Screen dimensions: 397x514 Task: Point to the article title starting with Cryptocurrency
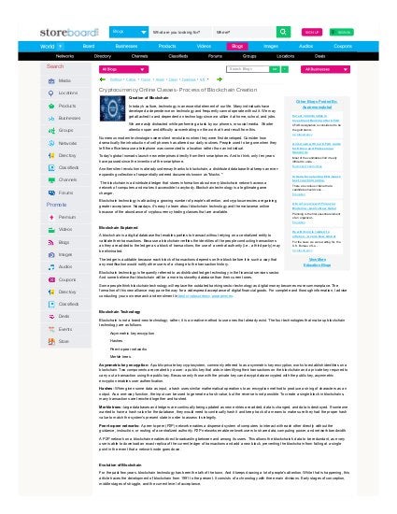(175, 88)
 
